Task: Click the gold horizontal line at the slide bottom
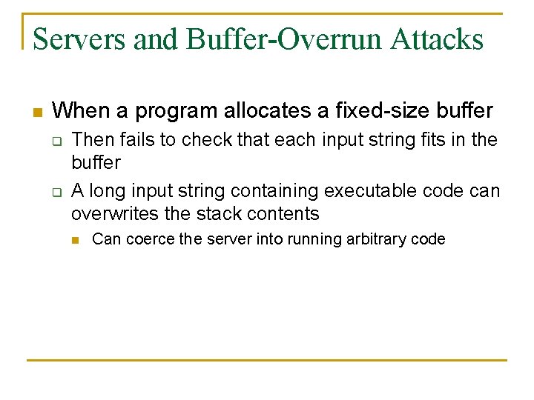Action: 267,360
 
